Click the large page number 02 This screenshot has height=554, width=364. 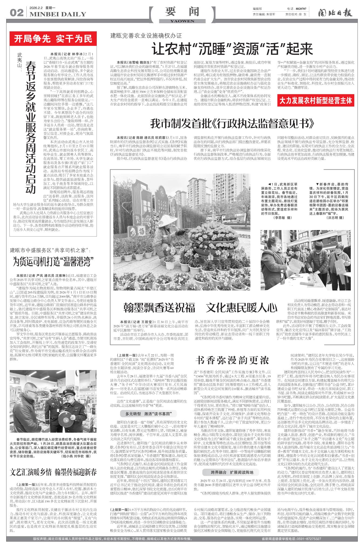pos(16,13)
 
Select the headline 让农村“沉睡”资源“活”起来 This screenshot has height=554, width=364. pos(232,49)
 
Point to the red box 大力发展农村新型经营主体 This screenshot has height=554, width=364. pos(315,101)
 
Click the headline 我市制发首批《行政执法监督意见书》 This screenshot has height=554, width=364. pos(232,124)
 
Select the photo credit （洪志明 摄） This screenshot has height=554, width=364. pos(335,217)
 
